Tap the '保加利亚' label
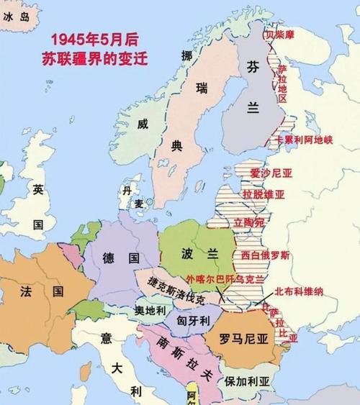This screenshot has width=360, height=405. (247, 381)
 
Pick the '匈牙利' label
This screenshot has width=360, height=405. (192, 319)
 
